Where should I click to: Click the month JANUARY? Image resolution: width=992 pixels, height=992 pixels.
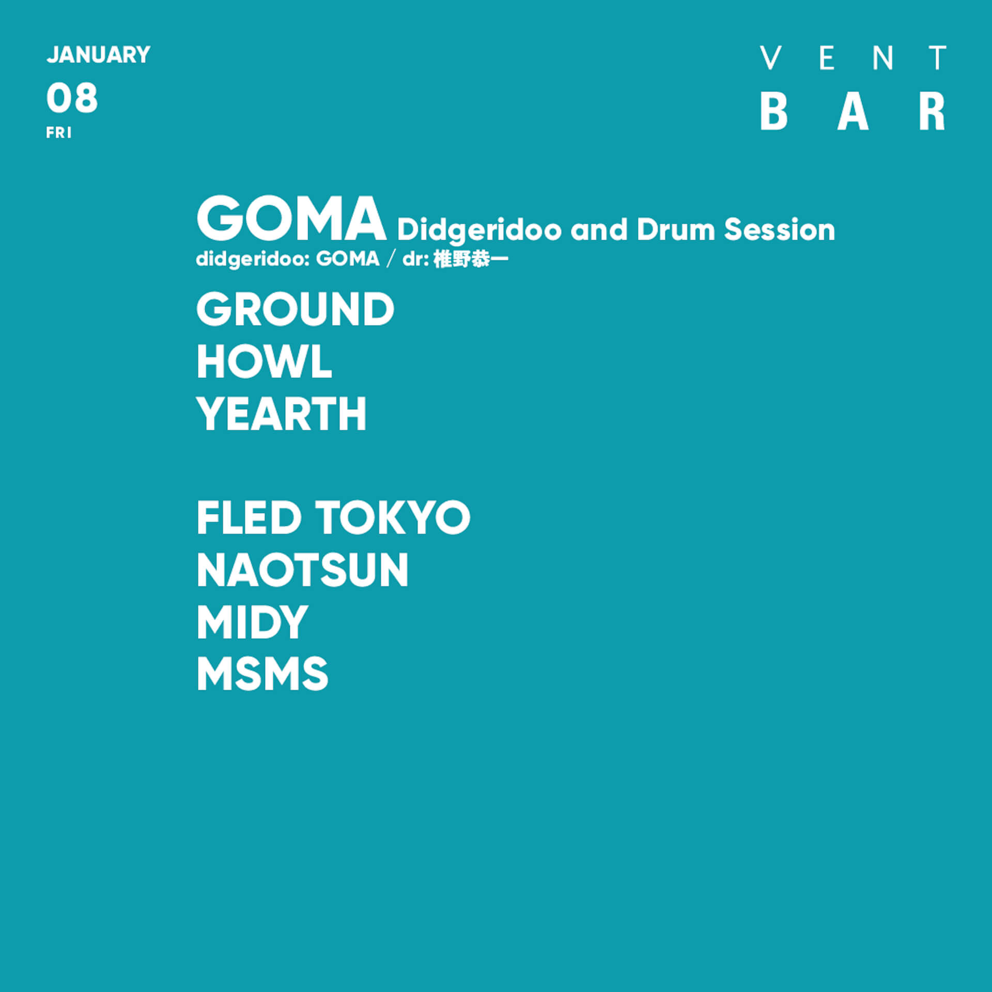click(98, 55)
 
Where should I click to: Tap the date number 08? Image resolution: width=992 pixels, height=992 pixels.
click(72, 98)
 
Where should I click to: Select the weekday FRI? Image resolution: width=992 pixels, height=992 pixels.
click(59, 133)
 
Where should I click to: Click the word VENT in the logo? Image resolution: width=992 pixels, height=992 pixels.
click(853, 58)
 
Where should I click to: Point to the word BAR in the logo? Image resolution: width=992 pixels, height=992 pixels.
click(853, 112)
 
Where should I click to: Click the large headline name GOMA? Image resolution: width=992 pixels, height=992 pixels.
click(291, 219)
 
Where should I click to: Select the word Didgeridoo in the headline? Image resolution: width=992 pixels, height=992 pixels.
click(479, 230)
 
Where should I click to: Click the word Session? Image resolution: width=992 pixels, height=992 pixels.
click(779, 229)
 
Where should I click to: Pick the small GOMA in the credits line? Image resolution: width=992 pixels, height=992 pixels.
click(348, 259)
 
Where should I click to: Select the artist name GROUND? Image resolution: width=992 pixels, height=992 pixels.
click(295, 309)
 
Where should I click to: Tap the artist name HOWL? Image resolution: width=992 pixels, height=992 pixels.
click(264, 362)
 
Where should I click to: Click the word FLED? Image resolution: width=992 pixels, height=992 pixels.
click(249, 518)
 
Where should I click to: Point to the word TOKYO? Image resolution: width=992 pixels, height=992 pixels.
click(393, 518)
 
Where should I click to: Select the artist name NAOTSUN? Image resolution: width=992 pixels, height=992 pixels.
click(302, 570)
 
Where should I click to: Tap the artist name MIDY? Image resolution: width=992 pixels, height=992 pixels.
click(252, 623)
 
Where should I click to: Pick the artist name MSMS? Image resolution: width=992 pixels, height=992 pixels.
click(262, 674)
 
